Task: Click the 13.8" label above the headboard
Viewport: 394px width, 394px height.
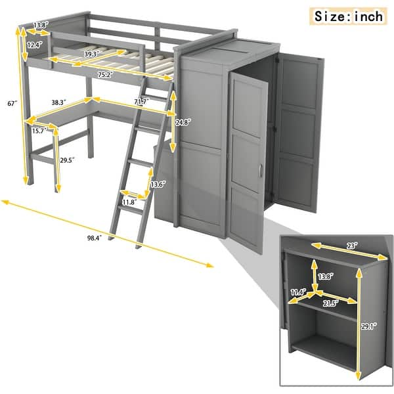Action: click(x=41, y=25)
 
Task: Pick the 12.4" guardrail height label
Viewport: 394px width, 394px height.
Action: click(x=35, y=45)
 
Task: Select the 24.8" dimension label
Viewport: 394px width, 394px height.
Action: click(x=185, y=121)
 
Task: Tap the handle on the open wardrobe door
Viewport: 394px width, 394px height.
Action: click(x=261, y=172)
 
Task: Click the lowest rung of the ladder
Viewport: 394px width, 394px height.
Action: click(x=127, y=219)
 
